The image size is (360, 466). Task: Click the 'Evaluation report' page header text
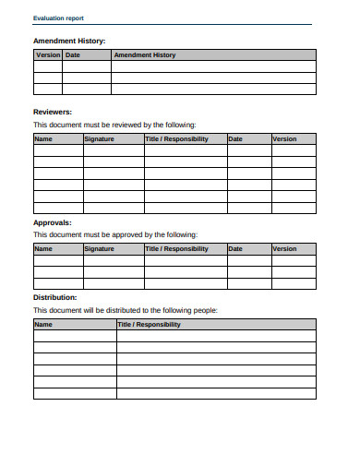click(57, 18)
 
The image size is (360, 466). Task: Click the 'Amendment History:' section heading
click(69, 41)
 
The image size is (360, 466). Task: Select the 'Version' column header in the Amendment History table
click(47, 55)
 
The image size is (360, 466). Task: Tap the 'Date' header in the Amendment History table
click(73, 55)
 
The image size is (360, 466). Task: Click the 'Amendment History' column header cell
click(144, 55)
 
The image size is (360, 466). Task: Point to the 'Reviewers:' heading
click(53, 111)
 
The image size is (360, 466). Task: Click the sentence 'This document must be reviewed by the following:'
click(114, 124)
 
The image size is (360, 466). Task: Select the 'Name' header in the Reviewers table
click(43, 138)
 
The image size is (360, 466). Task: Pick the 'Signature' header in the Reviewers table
click(99, 138)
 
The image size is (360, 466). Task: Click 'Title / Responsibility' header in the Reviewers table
click(176, 138)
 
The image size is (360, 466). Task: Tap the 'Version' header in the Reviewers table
click(284, 138)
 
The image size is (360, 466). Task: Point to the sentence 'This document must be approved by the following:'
click(114, 234)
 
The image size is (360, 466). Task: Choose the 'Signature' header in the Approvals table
click(99, 248)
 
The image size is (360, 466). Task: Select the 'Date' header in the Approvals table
click(235, 248)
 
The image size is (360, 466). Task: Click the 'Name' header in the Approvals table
click(43, 248)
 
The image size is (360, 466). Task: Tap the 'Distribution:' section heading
click(55, 297)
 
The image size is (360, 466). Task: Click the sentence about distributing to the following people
click(126, 310)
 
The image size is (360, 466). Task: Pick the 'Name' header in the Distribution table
click(43, 325)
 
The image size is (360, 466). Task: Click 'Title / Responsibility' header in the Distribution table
click(149, 325)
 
